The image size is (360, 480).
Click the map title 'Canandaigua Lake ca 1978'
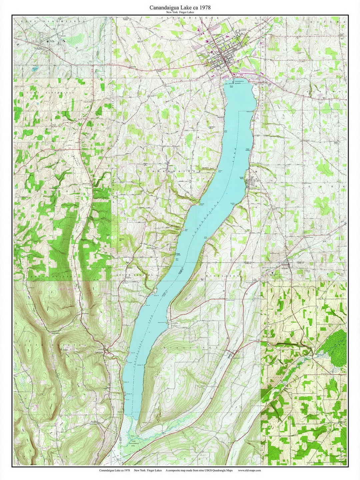pos(180,7)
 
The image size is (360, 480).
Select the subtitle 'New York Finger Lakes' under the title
pos(180,12)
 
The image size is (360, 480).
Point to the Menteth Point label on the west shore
pos(201,204)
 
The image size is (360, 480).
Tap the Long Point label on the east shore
pos(206,237)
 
